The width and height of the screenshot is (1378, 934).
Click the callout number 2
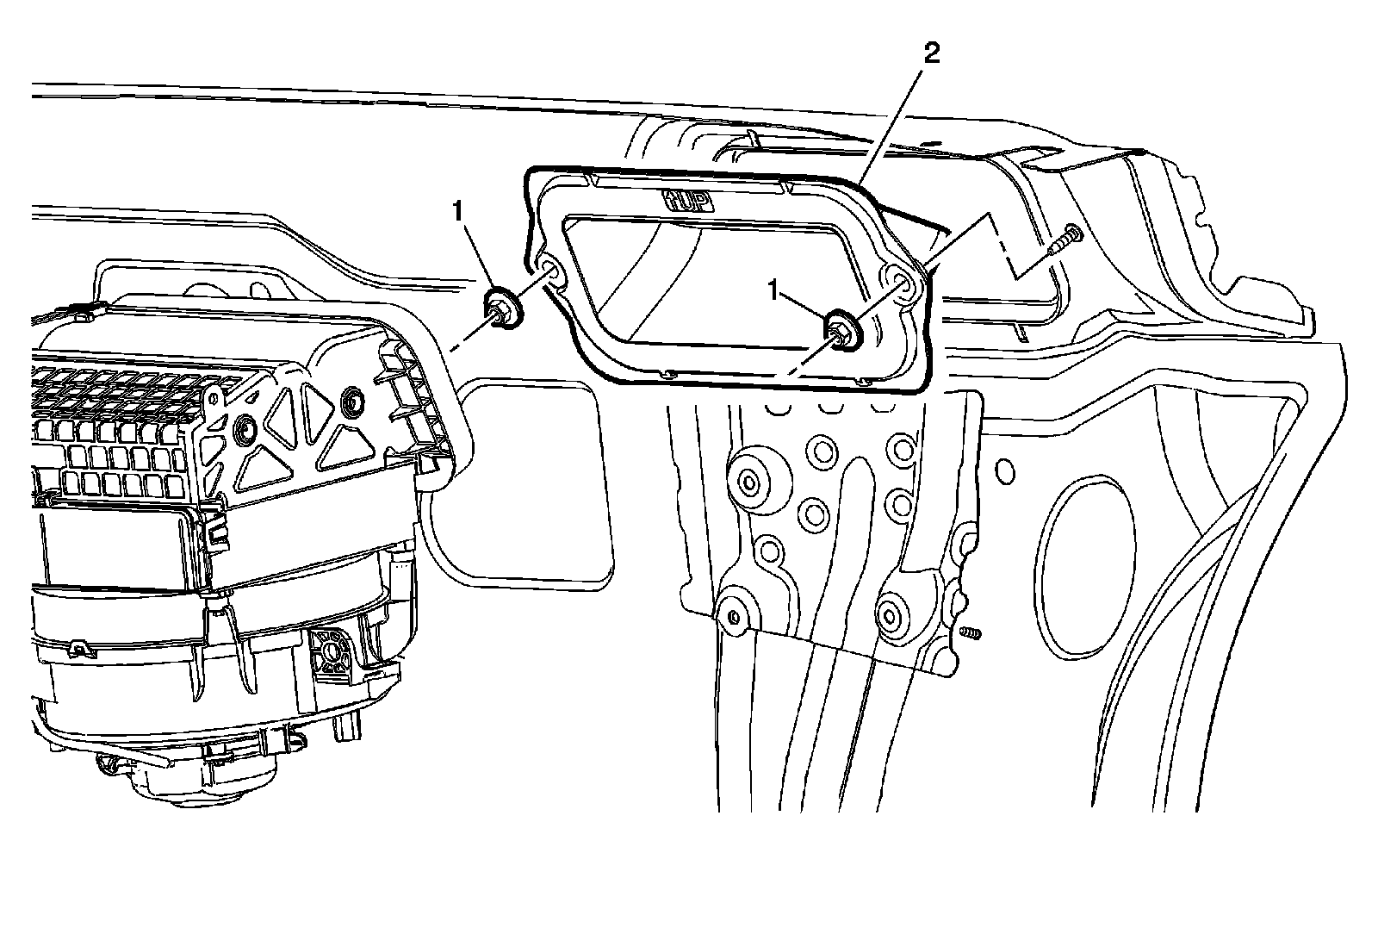click(x=930, y=54)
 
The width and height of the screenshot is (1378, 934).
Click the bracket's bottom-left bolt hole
click(x=732, y=617)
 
